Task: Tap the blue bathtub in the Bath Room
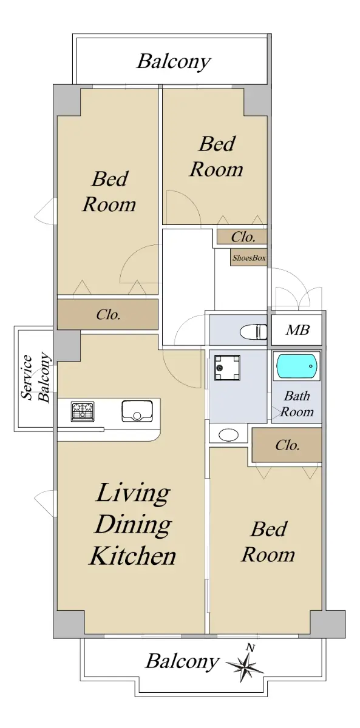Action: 296,366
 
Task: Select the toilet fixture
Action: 253,332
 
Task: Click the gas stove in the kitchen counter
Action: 83,411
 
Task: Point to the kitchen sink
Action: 137,411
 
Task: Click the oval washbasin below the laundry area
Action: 228,435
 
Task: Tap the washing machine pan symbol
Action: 227,368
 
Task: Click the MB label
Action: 297,330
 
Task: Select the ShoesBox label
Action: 249,258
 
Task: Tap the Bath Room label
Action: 297,404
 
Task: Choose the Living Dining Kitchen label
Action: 133,524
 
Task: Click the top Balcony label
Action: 174,62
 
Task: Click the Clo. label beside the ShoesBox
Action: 243,237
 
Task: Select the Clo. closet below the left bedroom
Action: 107,314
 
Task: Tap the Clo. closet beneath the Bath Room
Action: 287,445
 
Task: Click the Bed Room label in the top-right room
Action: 217,157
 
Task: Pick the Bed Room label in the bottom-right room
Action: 268,542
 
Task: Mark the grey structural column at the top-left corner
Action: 67,99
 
